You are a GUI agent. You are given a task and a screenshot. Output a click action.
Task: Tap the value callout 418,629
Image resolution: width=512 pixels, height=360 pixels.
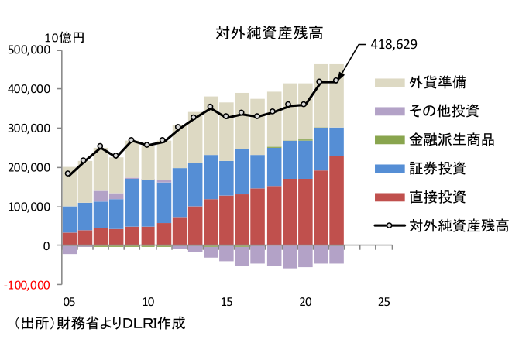394,44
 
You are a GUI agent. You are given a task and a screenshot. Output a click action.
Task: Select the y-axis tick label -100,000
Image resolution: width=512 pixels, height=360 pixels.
26,285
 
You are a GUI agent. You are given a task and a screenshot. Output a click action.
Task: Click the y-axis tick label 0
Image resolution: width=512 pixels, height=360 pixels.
47,245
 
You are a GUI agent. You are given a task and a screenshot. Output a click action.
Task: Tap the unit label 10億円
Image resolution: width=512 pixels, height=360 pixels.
64,36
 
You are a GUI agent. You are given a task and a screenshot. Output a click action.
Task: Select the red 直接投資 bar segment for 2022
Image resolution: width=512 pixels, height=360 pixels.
336,201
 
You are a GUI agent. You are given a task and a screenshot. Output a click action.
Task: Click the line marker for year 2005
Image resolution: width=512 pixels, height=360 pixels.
69,173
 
